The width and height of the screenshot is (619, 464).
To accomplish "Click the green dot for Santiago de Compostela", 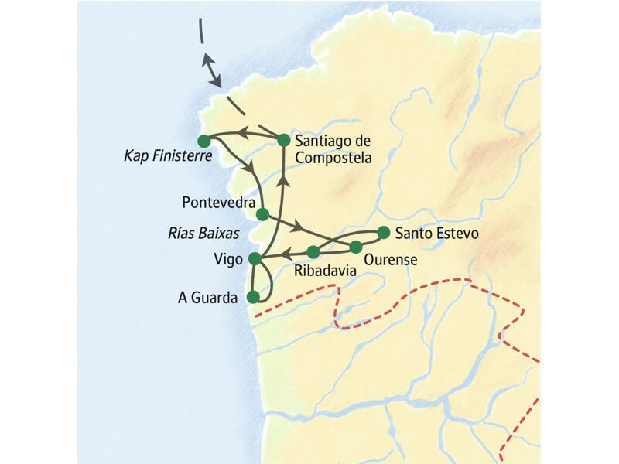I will [x=283, y=141].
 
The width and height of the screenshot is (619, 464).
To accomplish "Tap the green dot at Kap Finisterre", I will [x=204, y=141].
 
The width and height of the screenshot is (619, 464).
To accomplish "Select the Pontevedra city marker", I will [x=262, y=213].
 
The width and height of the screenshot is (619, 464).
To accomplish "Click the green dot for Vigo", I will [x=255, y=260].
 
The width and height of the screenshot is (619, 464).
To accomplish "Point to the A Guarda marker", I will [x=251, y=296].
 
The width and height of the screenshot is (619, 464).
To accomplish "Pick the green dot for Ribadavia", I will [x=313, y=252].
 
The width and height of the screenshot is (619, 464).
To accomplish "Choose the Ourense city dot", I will [x=356, y=247].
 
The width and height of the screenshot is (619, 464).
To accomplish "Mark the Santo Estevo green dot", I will [x=382, y=232].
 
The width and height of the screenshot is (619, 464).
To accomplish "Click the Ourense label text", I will [x=389, y=261].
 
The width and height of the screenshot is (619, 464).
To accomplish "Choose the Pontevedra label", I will [x=217, y=202].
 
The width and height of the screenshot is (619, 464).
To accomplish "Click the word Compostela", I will [x=333, y=158].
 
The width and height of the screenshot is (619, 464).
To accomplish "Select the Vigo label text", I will [x=228, y=260].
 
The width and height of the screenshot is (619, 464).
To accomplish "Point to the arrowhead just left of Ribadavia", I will [x=285, y=252].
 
